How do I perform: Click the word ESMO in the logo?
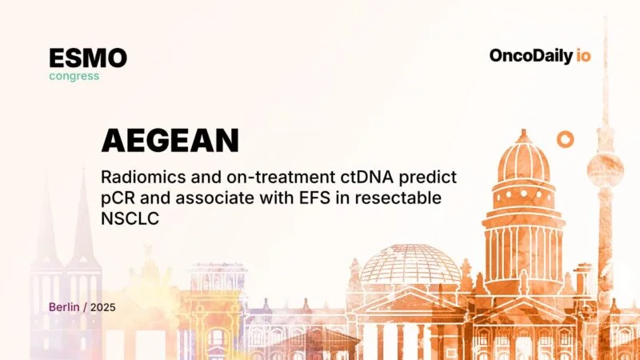[x=87, y=58]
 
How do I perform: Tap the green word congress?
[x=74, y=76]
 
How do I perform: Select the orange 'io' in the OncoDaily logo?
[x=583, y=56]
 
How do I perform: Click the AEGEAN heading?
[x=170, y=141]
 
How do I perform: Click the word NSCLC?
[x=127, y=218]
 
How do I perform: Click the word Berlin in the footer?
[x=65, y=306]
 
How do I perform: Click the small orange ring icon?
[x=566, y=139]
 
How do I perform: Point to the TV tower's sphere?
[x=604, y=167]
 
